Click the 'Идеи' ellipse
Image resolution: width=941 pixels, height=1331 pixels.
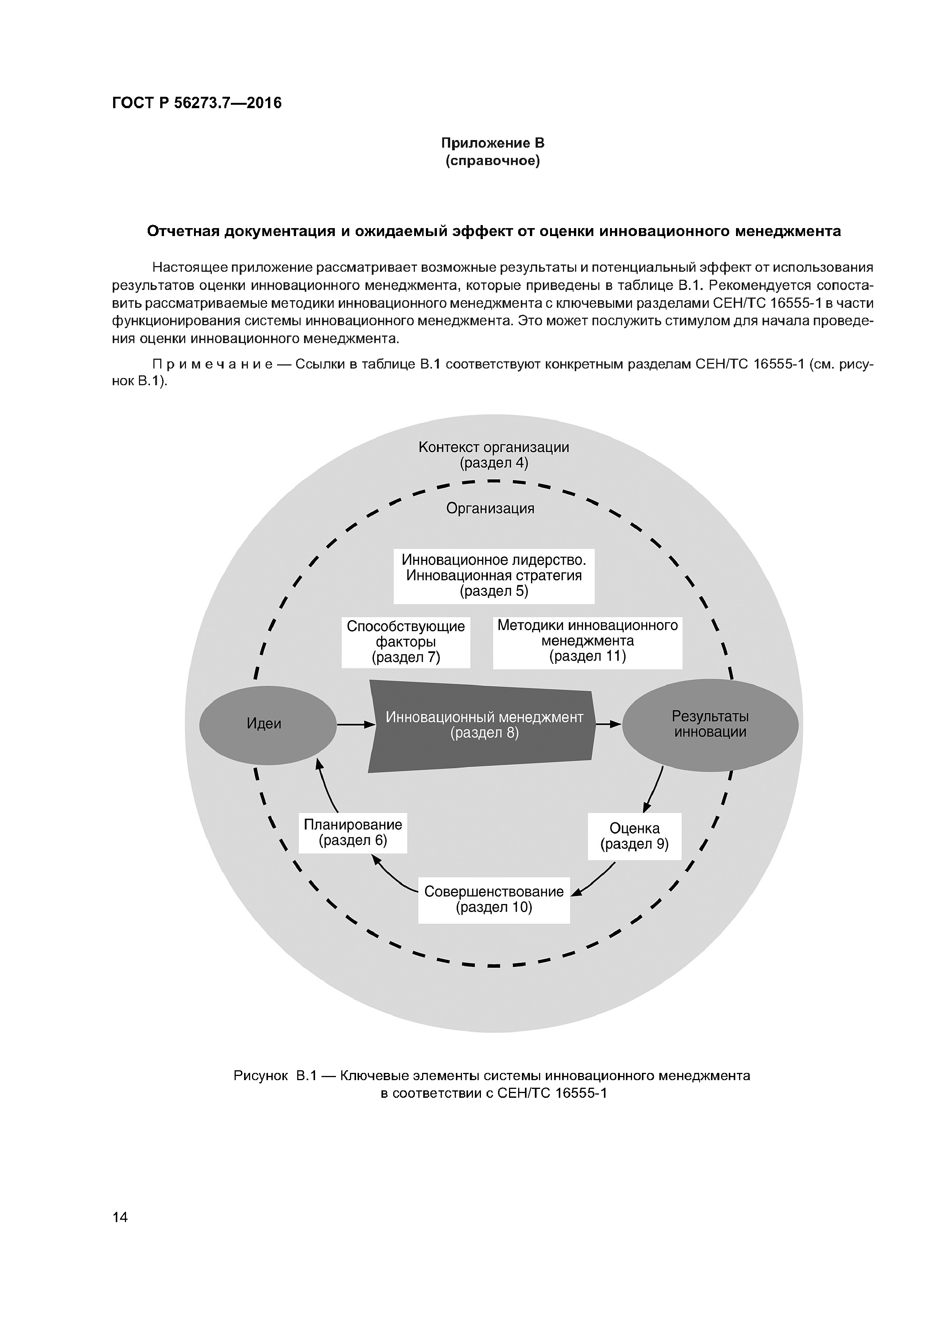point(267,724)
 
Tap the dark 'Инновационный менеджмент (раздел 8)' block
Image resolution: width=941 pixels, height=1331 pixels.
point(484,725)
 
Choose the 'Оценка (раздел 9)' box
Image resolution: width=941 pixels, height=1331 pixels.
point(634,836)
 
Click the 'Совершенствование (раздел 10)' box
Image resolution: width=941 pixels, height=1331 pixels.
point(494,900)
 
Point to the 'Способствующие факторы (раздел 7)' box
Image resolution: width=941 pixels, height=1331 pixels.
point(406,642)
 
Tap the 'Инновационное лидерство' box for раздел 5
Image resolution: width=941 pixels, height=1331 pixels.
point(494,576)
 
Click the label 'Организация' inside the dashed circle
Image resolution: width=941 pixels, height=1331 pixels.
point(490,509)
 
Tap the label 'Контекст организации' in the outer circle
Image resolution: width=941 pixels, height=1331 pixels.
point(493,447)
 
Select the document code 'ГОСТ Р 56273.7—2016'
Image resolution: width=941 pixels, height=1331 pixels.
point(197,103)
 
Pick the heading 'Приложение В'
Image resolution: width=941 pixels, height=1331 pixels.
point(493,143)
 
